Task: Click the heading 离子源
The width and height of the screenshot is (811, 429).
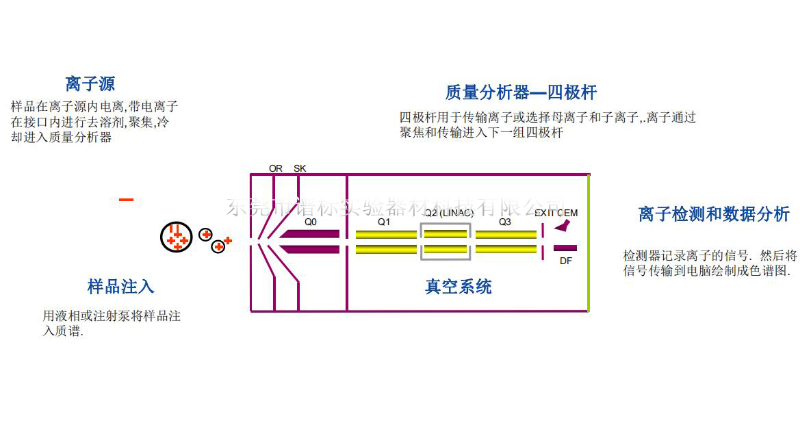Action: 90,84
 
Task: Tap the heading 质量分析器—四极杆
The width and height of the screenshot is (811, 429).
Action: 521,92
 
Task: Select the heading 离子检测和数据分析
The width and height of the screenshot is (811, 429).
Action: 714,214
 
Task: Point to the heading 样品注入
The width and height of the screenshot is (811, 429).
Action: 120,286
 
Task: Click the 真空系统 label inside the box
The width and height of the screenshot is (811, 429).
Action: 458,287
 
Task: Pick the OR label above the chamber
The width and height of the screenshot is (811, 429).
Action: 276,168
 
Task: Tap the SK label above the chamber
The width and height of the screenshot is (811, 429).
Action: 300,168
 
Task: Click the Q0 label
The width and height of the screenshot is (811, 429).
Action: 311,222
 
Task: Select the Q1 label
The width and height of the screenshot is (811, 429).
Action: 384,222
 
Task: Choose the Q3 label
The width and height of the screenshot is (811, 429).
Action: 504,222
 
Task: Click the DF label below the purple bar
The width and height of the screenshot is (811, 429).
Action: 566,261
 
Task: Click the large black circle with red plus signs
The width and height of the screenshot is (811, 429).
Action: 177,237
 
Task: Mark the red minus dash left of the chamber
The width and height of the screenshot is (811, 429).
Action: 126,200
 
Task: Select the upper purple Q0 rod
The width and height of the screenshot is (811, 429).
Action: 311,234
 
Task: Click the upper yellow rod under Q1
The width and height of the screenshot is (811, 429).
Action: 386,234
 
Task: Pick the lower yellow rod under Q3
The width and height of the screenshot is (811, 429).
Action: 506,249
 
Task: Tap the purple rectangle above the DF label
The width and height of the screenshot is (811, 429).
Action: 565,248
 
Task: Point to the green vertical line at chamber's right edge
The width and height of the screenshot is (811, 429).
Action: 589,243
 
